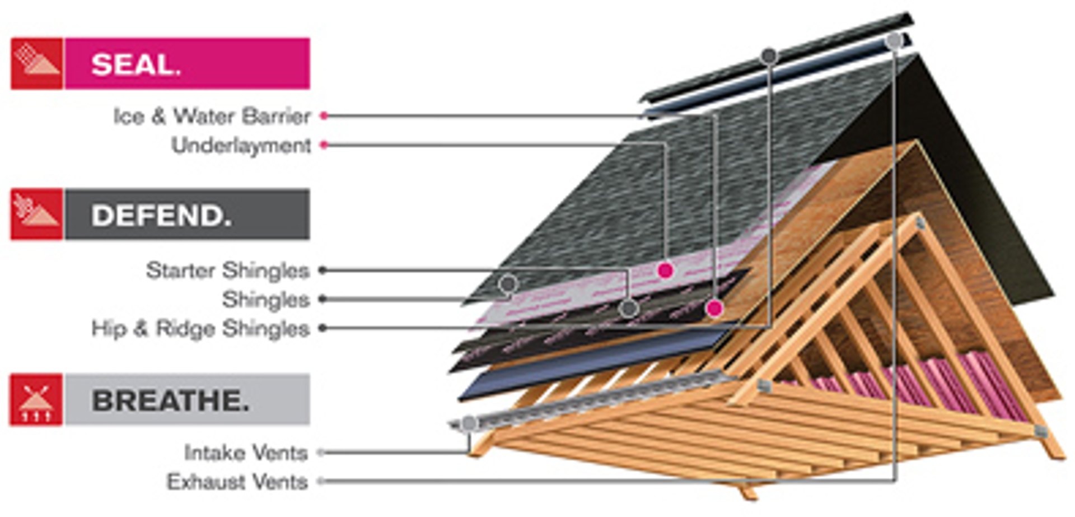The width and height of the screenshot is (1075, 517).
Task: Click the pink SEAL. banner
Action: point(187,63)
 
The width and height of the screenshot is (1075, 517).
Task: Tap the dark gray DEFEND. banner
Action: point(187,214)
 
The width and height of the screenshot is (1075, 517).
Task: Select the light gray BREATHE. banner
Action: point(187,399)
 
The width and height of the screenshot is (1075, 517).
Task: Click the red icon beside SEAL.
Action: point(36,63)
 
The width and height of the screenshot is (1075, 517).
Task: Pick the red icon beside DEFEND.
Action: point(36,214)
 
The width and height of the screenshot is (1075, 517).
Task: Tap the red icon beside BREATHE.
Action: point(36,399)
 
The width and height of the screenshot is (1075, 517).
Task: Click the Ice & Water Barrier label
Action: point(212,117)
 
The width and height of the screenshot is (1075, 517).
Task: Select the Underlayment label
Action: point(241,146)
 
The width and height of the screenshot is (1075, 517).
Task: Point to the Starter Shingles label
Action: point(228,271)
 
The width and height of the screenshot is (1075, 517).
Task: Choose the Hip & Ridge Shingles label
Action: point(200,329)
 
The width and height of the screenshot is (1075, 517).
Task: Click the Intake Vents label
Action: point(246,453)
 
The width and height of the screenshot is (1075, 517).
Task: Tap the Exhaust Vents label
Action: point(237,482)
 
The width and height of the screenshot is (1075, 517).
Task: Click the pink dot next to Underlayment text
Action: point(324,145)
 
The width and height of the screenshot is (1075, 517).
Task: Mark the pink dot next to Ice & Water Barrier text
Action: point(324,116)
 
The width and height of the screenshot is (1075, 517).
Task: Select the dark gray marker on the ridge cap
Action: point(769,56)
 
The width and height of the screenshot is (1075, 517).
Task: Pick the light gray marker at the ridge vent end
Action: point(894,40)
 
